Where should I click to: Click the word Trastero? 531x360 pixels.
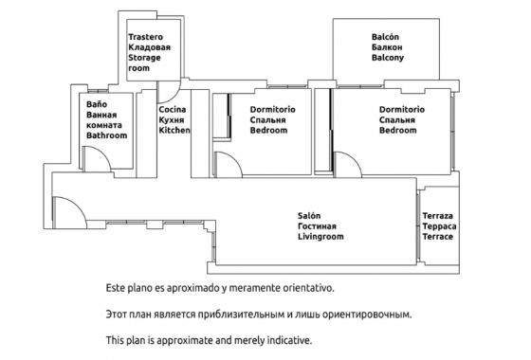point(145,37)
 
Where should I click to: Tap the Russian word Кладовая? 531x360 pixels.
point(149,47)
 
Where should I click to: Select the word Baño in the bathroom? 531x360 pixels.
point(96,103)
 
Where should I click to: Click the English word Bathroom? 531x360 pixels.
point(106,135)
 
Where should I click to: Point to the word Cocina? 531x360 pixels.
point(172,110)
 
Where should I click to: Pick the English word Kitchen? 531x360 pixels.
point(174,131)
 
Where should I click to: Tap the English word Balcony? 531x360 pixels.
point(388,58)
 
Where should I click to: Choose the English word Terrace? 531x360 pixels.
point(438,237)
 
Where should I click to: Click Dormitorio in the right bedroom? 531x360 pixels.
point(401,110)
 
